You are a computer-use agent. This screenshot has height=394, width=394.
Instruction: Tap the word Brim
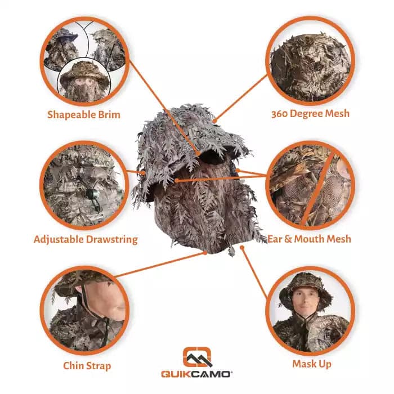coord(109,115)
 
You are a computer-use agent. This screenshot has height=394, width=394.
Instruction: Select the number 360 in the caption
coord(279,114)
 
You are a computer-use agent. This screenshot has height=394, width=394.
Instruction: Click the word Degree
coord(306,114)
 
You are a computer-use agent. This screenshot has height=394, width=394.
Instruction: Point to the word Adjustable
coord(59,239)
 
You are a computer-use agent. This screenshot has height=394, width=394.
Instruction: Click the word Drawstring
coord(112,239)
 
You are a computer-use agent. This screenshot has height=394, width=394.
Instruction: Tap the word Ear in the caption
coord(275,239)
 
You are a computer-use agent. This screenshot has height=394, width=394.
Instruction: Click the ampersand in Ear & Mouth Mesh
coord(288,239)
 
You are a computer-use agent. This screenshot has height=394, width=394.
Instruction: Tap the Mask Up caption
coord(312,364)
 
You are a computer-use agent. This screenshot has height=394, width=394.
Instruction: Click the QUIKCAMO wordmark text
coord(196,374)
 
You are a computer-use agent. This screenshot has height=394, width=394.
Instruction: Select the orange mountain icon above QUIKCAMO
coord(197,357)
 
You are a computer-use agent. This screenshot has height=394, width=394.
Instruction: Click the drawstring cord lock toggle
coord(89,194)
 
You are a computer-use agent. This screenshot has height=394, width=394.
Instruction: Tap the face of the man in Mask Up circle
coord(306,299)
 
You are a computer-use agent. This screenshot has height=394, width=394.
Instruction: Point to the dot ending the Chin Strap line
coord(205,253)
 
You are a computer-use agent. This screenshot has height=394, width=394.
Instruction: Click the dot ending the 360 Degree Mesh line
coord(214,121)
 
